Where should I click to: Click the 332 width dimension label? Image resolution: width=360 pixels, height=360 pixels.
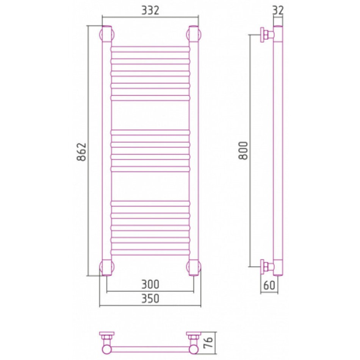pos(150,11)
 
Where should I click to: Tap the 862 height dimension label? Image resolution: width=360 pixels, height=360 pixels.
pos(81,152)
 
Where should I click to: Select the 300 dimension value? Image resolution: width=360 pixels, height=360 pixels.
pos(150,285)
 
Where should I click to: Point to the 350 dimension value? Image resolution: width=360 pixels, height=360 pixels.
pos(150,299)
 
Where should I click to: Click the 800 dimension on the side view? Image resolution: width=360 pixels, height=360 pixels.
pos(243,150)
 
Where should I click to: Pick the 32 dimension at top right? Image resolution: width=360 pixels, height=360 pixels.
pos(278,11)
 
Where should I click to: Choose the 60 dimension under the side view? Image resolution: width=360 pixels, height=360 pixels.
pos(269,285)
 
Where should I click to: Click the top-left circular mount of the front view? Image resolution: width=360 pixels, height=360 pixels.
pos(107,34)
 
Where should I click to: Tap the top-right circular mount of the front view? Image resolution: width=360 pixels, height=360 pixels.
pos(194,34)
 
